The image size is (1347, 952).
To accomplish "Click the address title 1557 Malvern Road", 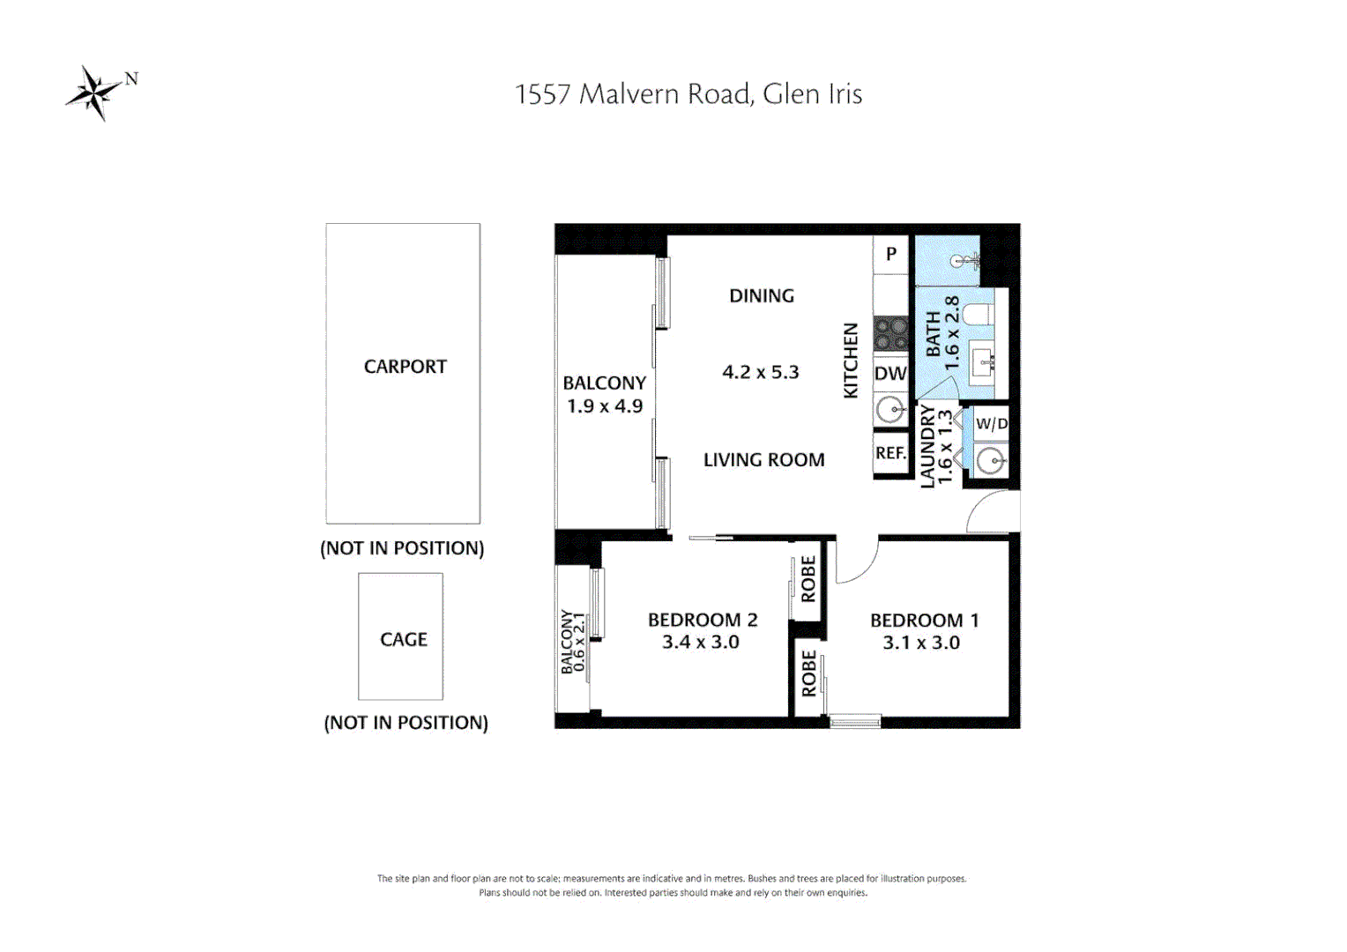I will click(688, 94).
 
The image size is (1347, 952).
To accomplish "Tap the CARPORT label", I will click(405, 367).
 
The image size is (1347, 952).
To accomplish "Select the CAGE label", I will click(403, 639).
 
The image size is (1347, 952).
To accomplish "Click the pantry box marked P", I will click(890, 254).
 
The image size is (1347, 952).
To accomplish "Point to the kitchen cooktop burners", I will click(890, 334).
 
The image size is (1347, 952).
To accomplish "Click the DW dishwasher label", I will click(890, 374).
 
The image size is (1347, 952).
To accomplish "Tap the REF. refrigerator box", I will click(890, 453).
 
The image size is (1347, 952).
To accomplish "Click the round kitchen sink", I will click(890, 410).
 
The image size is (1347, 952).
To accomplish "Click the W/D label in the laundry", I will click(991, 424).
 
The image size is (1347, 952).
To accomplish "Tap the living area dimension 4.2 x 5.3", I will click(760, 372).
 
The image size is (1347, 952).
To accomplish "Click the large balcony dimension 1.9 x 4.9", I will click(605, 406).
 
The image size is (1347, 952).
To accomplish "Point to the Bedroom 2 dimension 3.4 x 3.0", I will click(701, 643).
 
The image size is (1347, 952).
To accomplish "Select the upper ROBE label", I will click(808, 579).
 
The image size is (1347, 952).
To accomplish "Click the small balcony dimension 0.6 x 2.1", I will click(579, 643).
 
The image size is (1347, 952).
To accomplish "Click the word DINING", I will click(762, 296).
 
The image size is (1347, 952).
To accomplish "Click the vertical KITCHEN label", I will click(851, 361).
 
